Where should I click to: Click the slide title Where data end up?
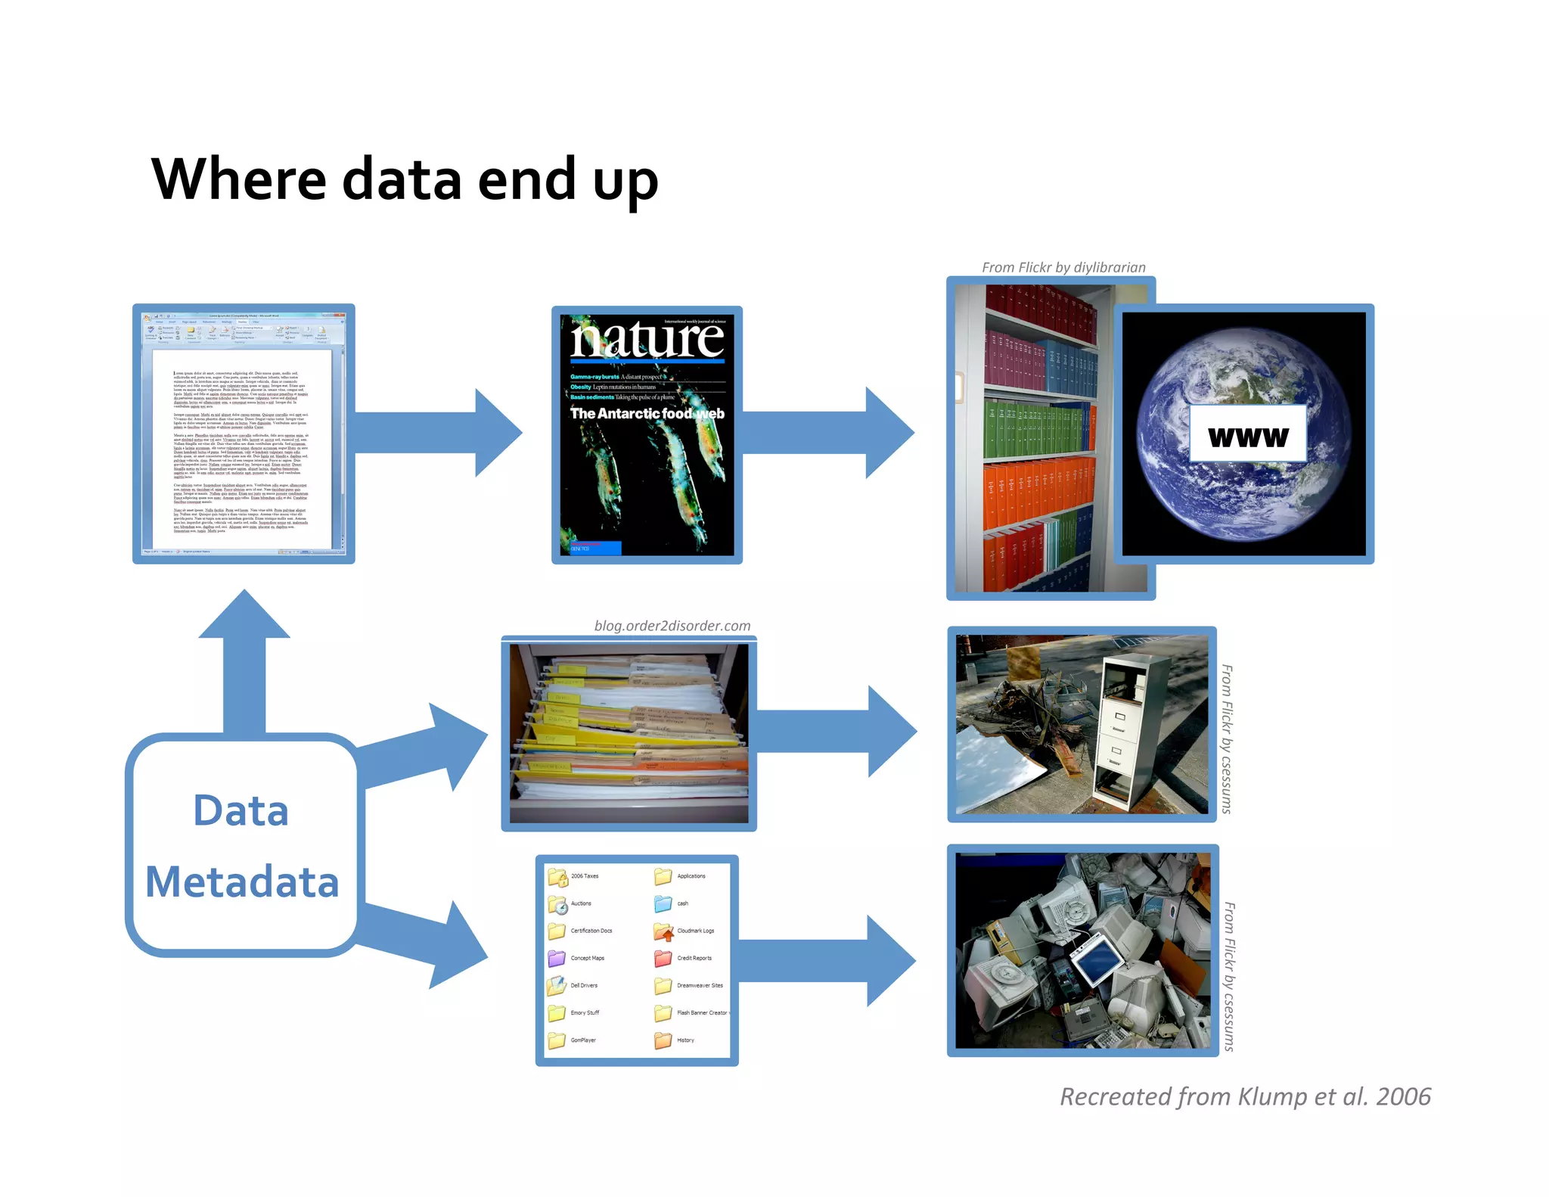(405, 179)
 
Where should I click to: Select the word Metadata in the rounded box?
(242, 882)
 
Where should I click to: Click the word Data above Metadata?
(241, 811)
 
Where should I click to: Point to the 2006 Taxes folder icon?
(557, 877)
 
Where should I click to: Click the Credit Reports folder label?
(694, 958)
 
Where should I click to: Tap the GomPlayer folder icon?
(557, 1040)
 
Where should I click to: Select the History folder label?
(685, 1040)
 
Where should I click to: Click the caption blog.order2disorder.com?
(672, 626)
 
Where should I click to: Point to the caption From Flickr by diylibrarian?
(1063, 267)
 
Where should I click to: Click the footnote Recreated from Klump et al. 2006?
(1245, 1096)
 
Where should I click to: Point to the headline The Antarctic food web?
(647, 414)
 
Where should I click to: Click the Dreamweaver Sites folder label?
(700, 985)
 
